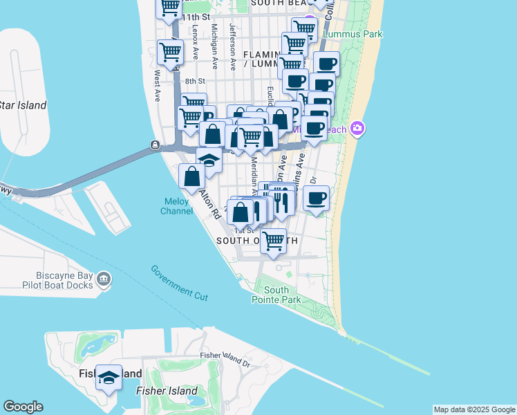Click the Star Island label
pos(23,106)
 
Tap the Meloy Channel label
pos(176,206)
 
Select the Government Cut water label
pos(179,282)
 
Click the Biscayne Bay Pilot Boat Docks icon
pos(104,279)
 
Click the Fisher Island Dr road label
pos(224,358)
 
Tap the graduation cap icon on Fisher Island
pos(109,378)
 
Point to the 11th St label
pos(196,17)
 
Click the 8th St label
pos(191,81)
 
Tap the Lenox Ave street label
pos(196,41)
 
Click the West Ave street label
pos(158,83)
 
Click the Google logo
pos(23,407)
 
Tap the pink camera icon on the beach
pos(357,127)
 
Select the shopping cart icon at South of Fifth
pos(274,241)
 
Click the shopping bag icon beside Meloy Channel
pos(191,176)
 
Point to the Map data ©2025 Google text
pos(474,409)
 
